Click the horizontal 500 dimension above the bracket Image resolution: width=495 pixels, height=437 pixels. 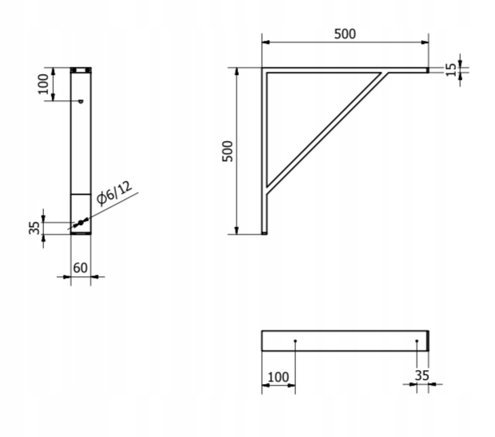tap(345, 34)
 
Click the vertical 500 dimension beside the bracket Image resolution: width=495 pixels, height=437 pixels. tap(228, 151)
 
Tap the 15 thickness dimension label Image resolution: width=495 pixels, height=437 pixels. tap(452, 70)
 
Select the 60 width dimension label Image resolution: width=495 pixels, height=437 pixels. tap(80, 268)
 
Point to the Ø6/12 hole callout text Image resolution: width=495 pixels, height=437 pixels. tap(114, 193)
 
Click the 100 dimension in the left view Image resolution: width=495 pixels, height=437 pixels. tap(43, 84)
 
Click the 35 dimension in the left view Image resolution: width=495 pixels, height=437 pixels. tap(34, 227)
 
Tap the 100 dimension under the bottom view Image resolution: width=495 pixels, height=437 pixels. tap(278, 377)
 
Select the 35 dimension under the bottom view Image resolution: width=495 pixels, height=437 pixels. tap(422, 376)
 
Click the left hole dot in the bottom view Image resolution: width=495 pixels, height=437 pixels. tap(295, 341)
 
